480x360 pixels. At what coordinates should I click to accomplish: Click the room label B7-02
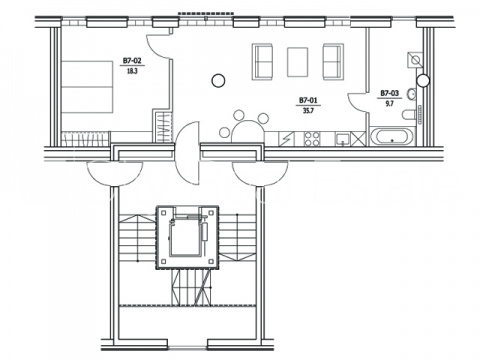click(x=132, y=61)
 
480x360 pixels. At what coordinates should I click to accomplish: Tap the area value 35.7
click(x=308, y=110)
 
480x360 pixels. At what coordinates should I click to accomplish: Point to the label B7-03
click(x=390, y=93)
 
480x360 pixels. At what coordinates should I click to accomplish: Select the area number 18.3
click(x=132, y=71)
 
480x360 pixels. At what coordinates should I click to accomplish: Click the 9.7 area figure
click(x=390, y=104)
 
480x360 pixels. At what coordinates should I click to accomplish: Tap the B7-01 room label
click(x=308, y=100)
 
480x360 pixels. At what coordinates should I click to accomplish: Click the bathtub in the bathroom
click(x=391, y=137)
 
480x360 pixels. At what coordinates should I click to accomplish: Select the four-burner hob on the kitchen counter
click(x=312, y=139)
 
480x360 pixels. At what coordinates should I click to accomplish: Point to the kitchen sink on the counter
click(x=343, y=139)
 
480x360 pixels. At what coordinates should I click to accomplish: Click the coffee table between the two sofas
click(x=297, y=62)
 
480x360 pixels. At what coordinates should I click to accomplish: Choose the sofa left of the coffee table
click(x=263, y=62)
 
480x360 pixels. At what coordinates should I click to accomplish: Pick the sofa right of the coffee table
click(x=333, y=62)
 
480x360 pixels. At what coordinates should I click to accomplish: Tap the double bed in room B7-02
click(x=87, y=87)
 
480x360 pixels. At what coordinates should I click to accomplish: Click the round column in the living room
click(x=218, y=80)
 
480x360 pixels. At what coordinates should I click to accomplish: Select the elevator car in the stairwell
click(x=186, y=237)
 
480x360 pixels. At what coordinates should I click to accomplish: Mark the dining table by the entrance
click(x=248, y=131)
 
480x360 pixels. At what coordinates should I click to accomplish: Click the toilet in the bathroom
click(x=409, y=114)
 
